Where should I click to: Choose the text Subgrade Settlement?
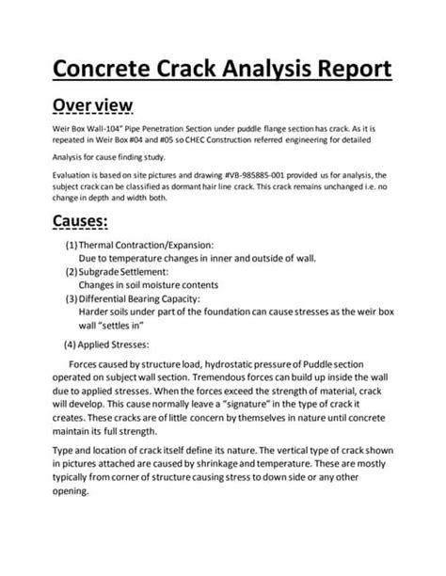click(127, 272)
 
